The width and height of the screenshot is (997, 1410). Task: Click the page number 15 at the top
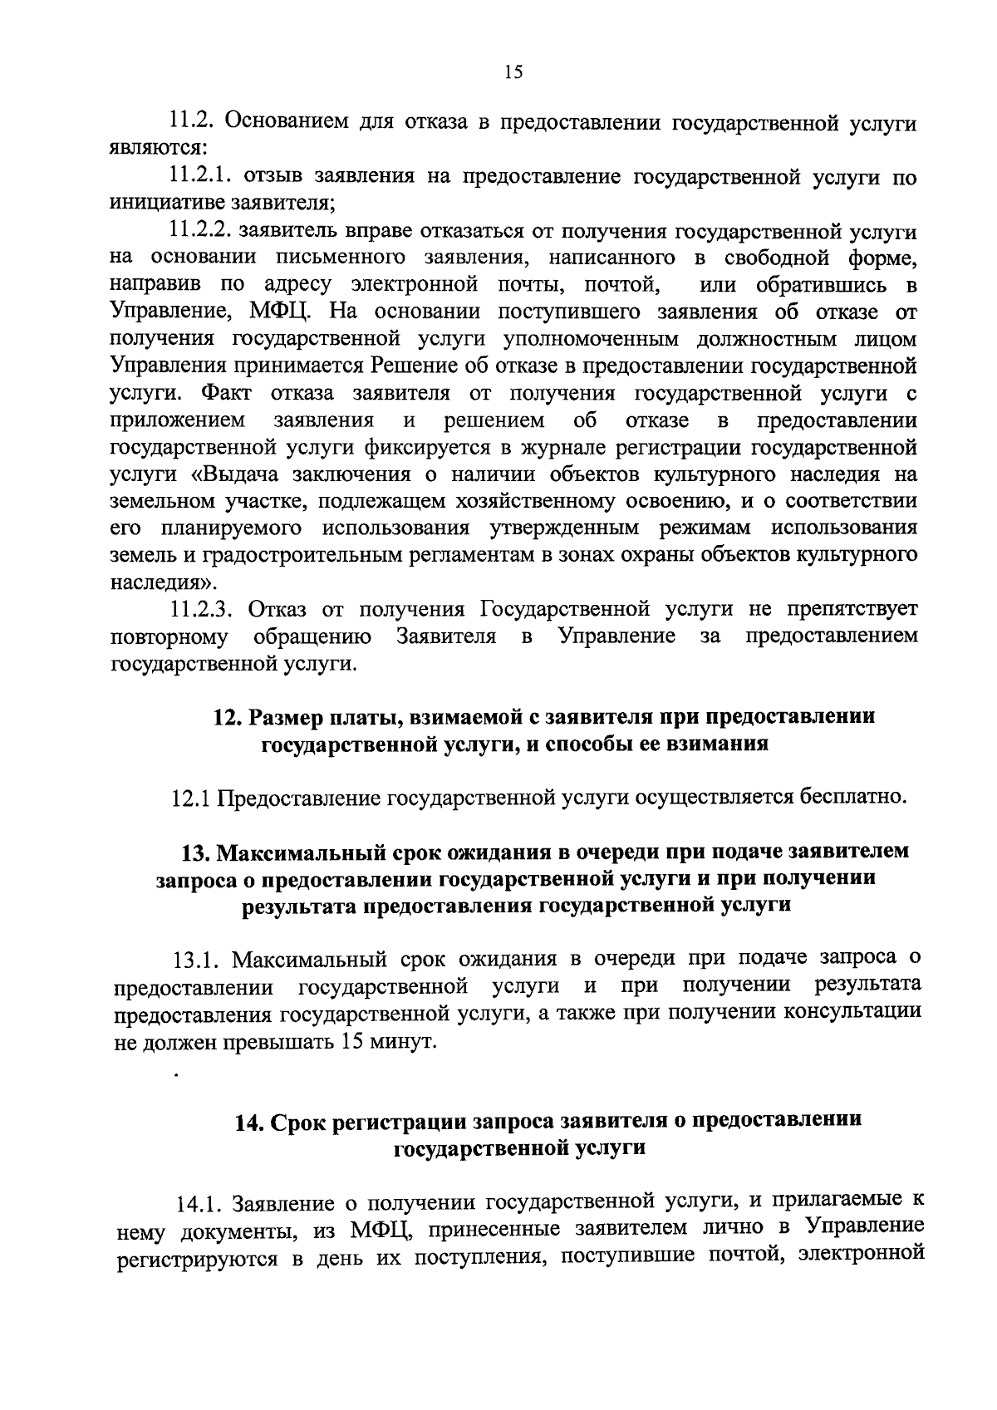coord(513,72)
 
